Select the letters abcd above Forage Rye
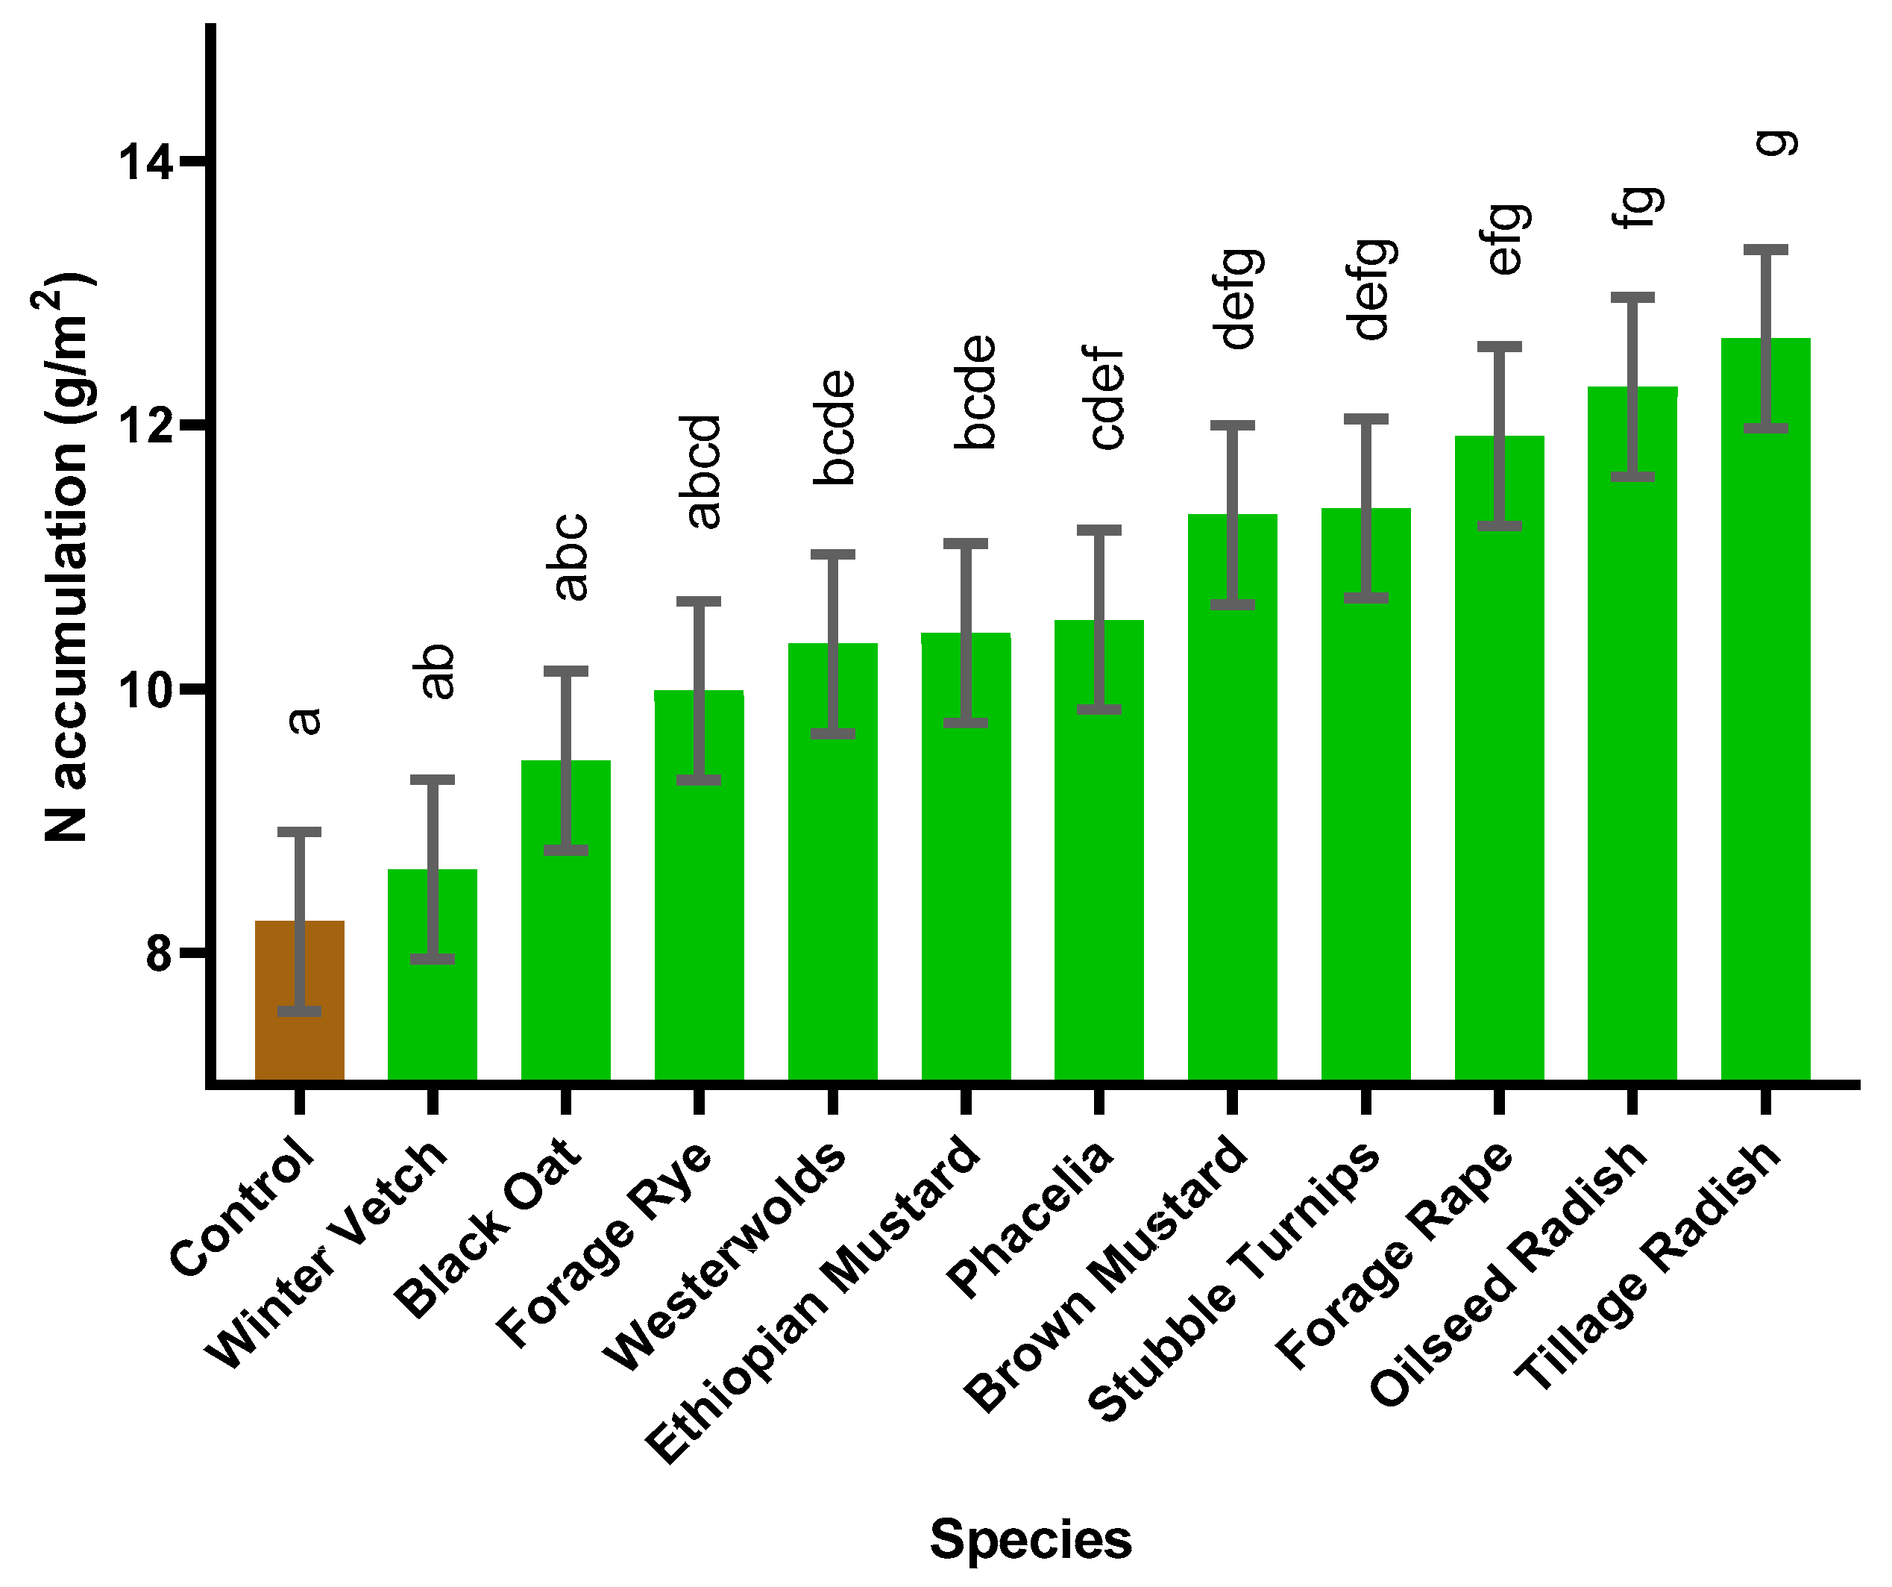[x=703, y=472]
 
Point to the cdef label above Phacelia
[x=1107, y=398]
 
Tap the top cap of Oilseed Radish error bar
[x=1632, y=298]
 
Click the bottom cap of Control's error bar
[x=299, y=1011]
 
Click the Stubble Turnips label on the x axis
[x=1233, y=1280]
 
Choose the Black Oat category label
[x=490, y=1226]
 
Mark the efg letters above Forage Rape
[x=1507, y=240]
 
